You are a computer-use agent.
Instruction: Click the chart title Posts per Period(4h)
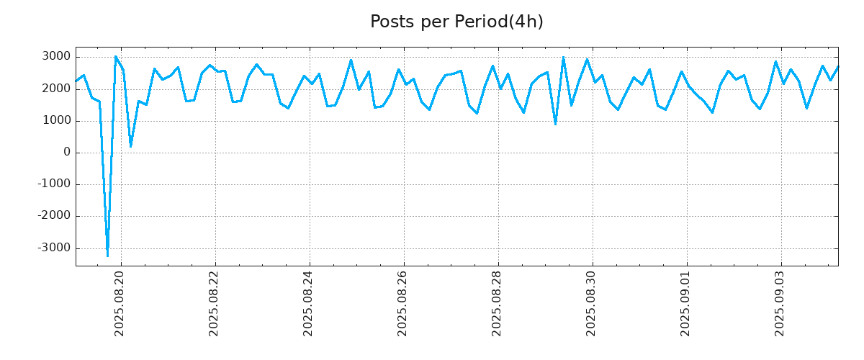click(x=456, y=22)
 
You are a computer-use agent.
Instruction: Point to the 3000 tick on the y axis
click(x=57, y=57)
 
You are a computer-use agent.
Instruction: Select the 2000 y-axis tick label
click(x=57, y=89)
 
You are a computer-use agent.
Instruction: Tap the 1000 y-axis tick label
click(x=57, y=120)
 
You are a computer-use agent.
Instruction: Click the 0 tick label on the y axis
click(x=67, y=153)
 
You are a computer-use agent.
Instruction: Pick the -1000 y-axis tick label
click(x=55, y=184)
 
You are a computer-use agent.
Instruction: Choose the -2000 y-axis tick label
click(x=55, y=216)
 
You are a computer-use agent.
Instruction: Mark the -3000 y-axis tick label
click(x=55, y=248)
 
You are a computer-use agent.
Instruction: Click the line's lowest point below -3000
click(x=107, y=256)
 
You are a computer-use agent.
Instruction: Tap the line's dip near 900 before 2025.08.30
click(x=555, y=124)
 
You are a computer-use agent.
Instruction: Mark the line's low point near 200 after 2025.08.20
click(x=130, y=146)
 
